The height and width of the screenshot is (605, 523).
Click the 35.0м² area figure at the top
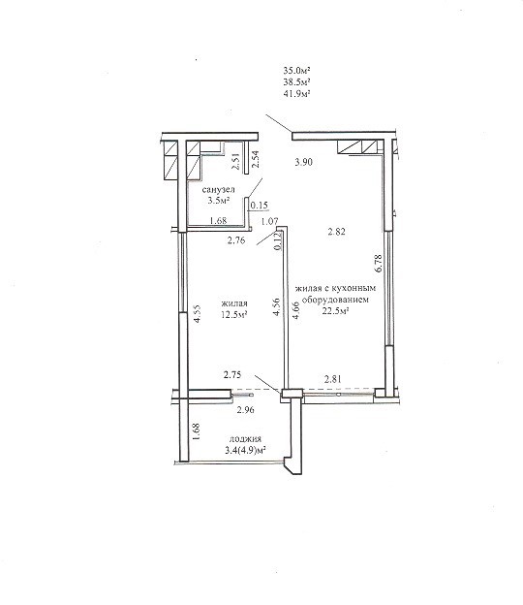coord(296,70)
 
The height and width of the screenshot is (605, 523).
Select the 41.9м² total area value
coord(296,93)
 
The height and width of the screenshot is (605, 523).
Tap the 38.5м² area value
coord(296,81)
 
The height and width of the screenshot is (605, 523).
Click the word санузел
coord(218,190)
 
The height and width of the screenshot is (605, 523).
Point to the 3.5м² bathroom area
coord(219,201)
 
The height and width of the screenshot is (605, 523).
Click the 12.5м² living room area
coord(234,314)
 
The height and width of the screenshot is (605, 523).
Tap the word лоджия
coord(245,438)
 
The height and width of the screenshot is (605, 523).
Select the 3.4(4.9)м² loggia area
coord(245,450)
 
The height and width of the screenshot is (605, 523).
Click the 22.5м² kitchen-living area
coord(335,311)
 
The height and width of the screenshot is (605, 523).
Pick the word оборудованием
coord(335,300)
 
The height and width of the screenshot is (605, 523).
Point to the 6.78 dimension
coord(378,264)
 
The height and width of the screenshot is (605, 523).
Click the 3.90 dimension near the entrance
coord(303,162)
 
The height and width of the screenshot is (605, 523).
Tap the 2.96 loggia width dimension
coord(245,410)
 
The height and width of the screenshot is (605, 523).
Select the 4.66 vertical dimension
coord(295,310)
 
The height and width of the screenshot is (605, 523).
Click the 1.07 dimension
coord(269,221)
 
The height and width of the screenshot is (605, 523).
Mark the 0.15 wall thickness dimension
coord(259,206)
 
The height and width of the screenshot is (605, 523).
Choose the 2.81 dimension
coord(332,379)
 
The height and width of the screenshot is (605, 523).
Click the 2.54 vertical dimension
coord(255,159)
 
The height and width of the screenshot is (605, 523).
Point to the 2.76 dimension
coord(236,240)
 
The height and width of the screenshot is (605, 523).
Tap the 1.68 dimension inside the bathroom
coord(218,221)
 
